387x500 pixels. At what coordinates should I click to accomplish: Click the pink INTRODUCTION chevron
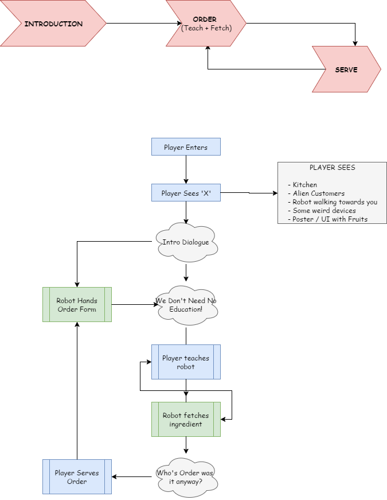(x=53, y=24)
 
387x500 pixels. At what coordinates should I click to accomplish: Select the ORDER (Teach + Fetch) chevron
(x=205, y=24)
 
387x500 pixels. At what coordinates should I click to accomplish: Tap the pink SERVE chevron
(x=346, y=69)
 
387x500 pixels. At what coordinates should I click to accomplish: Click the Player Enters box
(x=186, y=147)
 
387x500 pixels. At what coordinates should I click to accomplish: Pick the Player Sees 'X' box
(x=186, y=193)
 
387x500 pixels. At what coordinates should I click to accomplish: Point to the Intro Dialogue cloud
(x=186, y=242)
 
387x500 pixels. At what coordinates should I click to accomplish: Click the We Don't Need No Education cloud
(x=186, y=304)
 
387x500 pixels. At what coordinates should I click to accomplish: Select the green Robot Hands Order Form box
(x=77, y=305)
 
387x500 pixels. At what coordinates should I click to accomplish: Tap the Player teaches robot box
(x=186, y=362)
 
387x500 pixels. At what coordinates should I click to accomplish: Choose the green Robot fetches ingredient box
(x=186, y=420)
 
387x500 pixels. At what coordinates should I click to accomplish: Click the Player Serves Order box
(x=77, y=477)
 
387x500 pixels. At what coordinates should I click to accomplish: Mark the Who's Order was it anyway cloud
(x=186, y=477)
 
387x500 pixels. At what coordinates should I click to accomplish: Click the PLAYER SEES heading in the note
(x=332, y=168)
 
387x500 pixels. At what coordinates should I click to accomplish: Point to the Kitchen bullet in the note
(x=304, y=185)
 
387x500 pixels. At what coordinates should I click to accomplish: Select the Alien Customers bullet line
(x=318, y=193)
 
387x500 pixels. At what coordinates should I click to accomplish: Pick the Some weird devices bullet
(x=323, y=211)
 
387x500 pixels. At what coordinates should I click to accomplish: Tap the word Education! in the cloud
(x=186, y=309)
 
